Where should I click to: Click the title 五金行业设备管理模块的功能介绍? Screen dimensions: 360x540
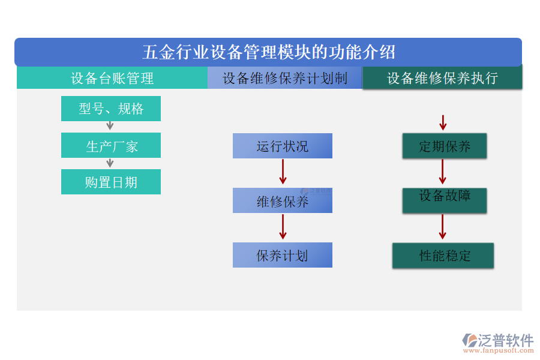[x=268, y=52]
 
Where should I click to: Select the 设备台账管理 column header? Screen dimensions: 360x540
[x=112, y=78]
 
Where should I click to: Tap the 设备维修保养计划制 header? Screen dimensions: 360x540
[x=285, y=78]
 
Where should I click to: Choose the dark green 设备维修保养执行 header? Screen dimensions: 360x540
[x=442, y=78]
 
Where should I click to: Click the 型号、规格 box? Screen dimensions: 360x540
[x=111, y=109]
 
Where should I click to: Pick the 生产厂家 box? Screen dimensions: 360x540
[x=111, y=146]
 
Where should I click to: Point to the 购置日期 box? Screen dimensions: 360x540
[x=111, y=182]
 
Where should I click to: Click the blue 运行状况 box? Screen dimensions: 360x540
[x=282, y=146]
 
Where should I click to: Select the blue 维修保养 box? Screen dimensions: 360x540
[x=282, y=201]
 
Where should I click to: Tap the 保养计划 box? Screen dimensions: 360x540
[x=282, y=255]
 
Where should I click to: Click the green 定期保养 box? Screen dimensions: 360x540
[x=444, y=146]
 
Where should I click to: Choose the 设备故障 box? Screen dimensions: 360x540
[x=444, y=200]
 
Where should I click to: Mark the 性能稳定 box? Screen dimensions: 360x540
[x=443, y=256]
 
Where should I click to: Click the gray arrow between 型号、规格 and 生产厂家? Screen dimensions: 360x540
[x=110, y=125]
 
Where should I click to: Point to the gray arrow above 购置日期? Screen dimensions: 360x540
[x=110, y=163]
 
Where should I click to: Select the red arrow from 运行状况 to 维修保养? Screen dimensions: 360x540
[x=283, y=172]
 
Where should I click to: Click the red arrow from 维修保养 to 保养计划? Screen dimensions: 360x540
[x=283, y=227]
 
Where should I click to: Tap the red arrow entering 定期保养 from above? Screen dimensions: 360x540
[x=443, y=123]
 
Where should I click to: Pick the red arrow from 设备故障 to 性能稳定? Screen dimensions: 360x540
[x=442, y=227]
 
